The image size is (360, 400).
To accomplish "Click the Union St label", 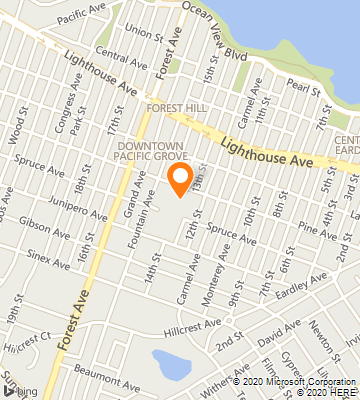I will (144, 33).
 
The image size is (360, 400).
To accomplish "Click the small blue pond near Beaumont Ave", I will (170, 364).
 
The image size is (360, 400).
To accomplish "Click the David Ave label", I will (278, 336).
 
